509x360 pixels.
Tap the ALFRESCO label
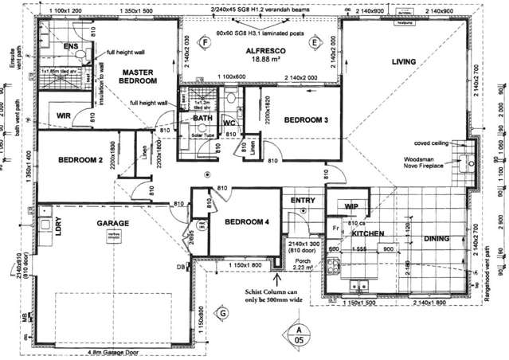click(x=260, y=49)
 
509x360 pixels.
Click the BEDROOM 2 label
click(x=80, y=160)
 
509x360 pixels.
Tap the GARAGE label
click(x=113, y=224)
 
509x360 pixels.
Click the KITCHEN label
click(x=370, y=233)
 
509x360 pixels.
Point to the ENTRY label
click(x=304, y=201)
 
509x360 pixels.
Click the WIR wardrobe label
click(x=65, y=115)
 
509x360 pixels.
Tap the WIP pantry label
click(x=351, y=206)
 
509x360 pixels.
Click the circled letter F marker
click(x=206, y=41)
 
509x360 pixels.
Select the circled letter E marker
click(x=315, y=41)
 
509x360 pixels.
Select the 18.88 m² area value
click(x=260, y=59)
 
